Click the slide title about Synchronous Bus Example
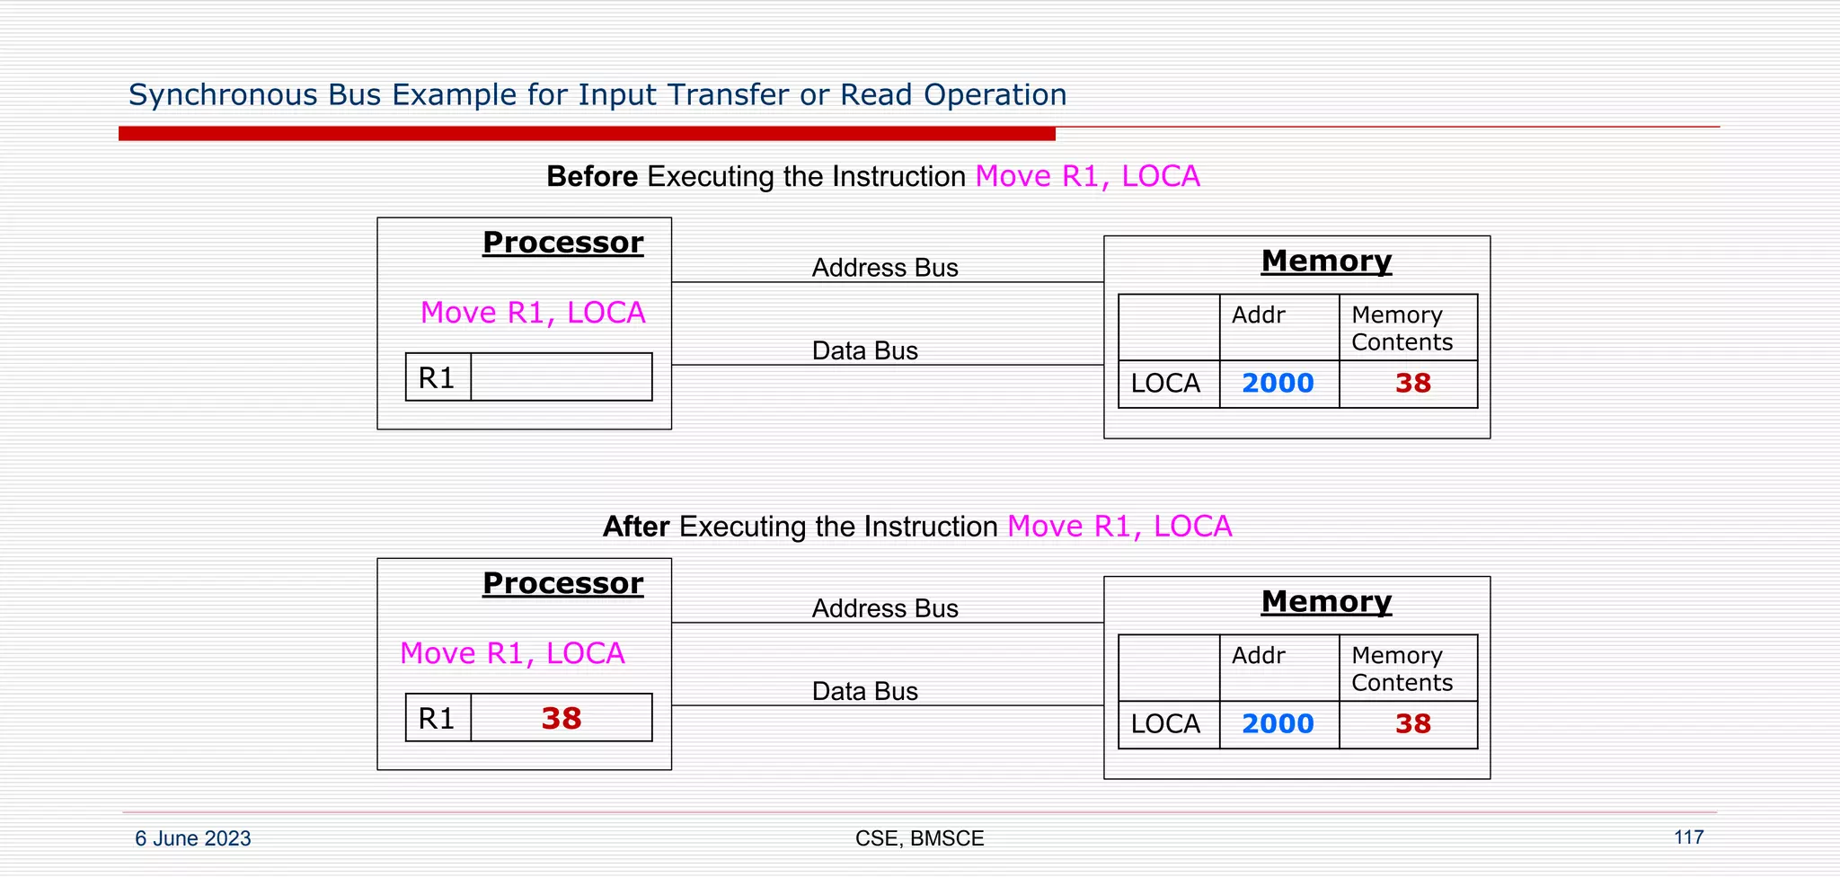pos(597,95)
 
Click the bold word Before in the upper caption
pos(592,177)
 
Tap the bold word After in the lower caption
pos(636,527)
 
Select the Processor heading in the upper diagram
pos(562,243)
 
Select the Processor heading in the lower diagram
pos(562,583)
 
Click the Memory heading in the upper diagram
pos(1326,261)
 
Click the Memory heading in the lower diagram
pos(1326,601)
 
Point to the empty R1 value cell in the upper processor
pos(562,376)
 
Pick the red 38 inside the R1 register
pos(562,718)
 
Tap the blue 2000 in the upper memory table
pos(1278,384)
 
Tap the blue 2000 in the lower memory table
pos(1278,724)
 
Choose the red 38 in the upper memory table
pos(1412,384)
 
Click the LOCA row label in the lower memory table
pos(1165,724)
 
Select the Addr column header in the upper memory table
pos(1258,315)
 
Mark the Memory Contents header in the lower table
pos(1402,669)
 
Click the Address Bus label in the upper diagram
pos(885,268)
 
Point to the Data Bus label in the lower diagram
pos(864,691)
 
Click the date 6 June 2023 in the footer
pos(193,838)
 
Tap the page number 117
pos(1688,837)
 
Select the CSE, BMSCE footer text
pos(919,838)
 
